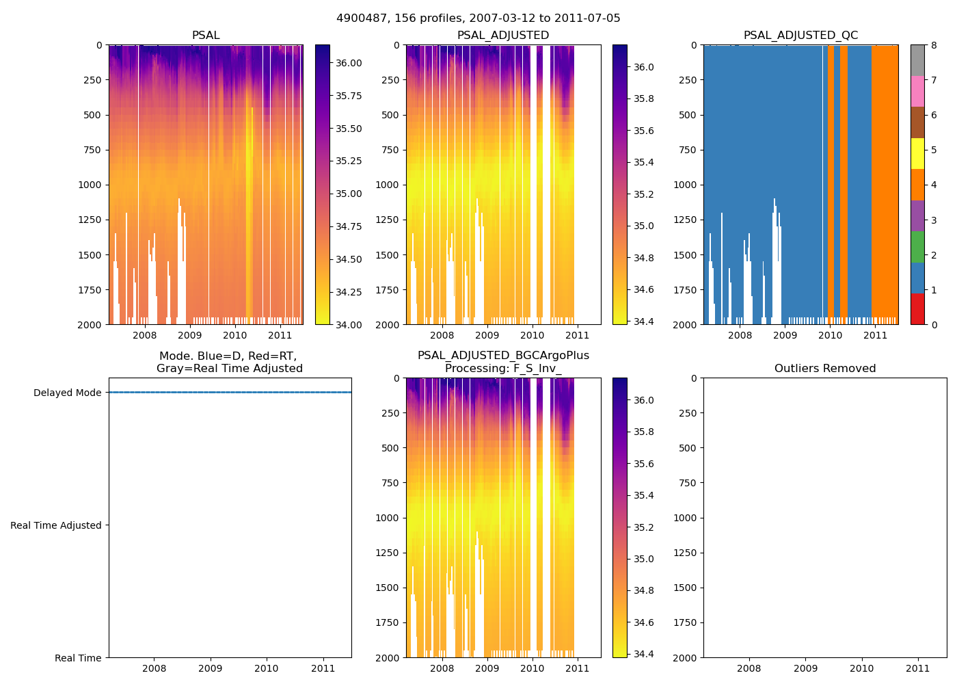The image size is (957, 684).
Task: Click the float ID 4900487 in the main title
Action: point(359,18)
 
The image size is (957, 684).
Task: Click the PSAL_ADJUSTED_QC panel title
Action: point(800,36)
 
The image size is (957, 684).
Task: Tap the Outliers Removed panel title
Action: point(824,369)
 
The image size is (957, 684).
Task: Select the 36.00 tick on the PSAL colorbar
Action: point(349,63)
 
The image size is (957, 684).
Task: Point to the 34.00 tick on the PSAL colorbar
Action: point(349,324)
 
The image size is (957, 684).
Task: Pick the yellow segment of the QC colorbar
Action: point(917,154)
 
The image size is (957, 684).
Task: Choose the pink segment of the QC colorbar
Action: point(917,92)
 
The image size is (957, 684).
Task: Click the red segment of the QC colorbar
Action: point(917,309)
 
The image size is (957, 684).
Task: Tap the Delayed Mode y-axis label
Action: point(67,393)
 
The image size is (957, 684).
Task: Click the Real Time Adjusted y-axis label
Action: point(56,525)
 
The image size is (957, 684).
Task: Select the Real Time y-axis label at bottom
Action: point(78,658)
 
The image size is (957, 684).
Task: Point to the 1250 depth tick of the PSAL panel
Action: point(90,220)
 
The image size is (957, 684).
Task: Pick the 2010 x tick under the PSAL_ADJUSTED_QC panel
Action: point(830,335)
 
